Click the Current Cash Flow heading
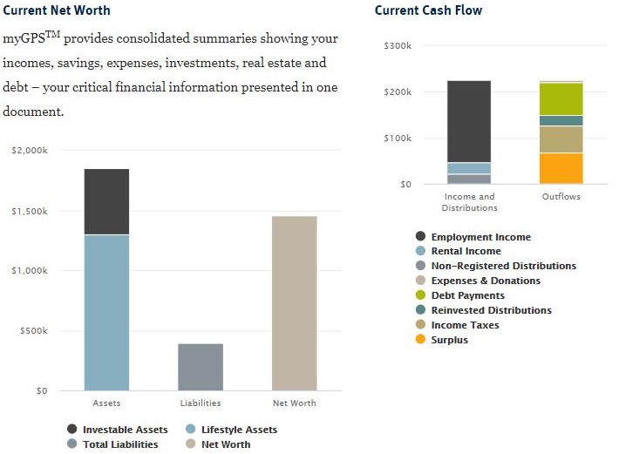[x=428, y=10]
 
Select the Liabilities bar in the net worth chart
[x=201, y=367]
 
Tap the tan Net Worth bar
[x=294, y=303]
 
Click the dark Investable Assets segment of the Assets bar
[x=106, y=201]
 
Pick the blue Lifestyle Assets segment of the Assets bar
[x=106, y=312]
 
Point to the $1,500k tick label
[x=30, y=211]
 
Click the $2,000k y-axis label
[x=30, y=151]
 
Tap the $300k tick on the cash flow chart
[x=398, y=45]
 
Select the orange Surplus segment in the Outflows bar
[x=561, y=168]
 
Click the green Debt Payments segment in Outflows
[x=561, y=99]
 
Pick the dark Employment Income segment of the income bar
[x=469, y=121]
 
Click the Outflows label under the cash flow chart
[x=561, y=197]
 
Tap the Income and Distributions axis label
[x=468, y=202]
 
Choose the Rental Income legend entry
[x=466, y=251]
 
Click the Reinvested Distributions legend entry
[x=491, y=310]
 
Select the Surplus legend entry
[x=449, y=340]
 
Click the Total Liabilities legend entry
[x=119, y=444]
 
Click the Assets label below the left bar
[x=106, y=403]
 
